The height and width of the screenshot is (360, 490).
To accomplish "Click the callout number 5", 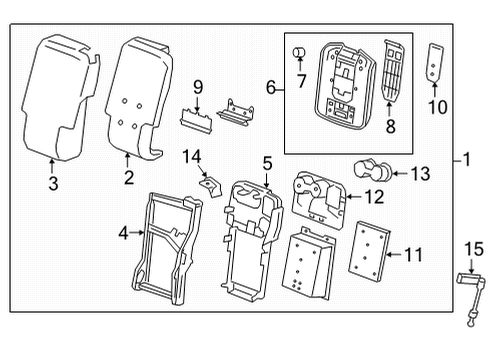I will pyautogui.click(x=266, y=162).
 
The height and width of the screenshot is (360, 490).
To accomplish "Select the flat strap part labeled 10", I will pyautogui.click(x=435, y=62).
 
